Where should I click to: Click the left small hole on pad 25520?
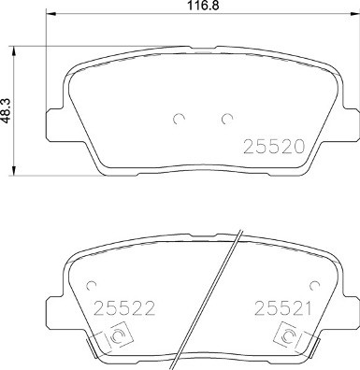coord(178,119)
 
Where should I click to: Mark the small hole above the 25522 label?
coord(90,285)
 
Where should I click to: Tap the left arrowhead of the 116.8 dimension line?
coord(50,17)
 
